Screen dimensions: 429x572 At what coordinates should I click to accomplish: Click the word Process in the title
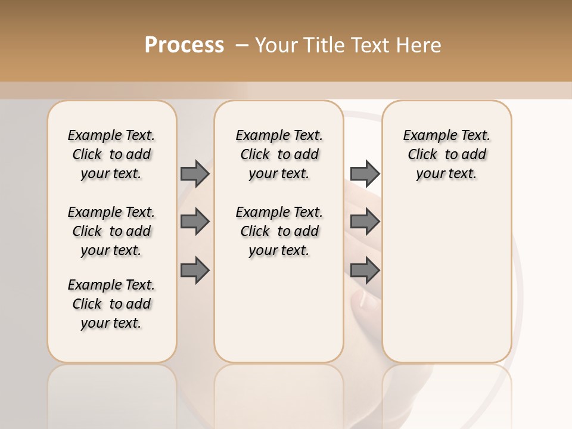point(184,45)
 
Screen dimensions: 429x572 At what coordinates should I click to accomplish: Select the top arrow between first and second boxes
point(194,173)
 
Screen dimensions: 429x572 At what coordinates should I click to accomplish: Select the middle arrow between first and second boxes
point(194,222)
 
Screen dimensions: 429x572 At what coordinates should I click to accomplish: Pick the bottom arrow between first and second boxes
point(194,271)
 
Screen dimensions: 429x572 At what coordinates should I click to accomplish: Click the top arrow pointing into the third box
point(365,173)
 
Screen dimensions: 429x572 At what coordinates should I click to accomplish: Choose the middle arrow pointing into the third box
point(365,222)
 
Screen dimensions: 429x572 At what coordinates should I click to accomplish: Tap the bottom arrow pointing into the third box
point(365,271)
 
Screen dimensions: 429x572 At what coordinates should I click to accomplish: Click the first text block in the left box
point(111,154)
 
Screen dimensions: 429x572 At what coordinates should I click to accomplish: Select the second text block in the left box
point(111,231)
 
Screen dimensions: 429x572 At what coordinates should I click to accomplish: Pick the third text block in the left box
point(111,304)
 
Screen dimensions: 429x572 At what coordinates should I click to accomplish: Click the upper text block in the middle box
point(279,154)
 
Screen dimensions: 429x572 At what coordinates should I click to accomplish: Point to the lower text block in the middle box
point(279,231)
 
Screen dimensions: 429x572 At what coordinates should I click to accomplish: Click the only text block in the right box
point(446,154)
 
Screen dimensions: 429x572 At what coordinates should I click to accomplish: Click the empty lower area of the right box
point(446,280)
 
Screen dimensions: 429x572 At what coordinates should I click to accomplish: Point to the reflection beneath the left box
point(111,393)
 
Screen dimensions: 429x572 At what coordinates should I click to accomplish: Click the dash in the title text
point(242,45)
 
